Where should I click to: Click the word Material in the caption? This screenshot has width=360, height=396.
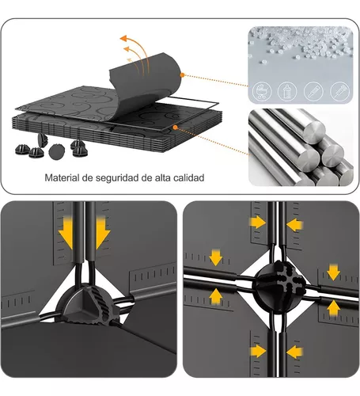pyautogui.click(x=62, y=177)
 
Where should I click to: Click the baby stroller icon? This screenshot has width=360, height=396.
pyautogui.click(x=262, y=92)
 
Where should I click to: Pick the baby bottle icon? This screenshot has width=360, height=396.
pyautogui.click(x=287, y=92)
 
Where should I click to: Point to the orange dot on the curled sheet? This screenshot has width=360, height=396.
pyautogui.click(x=182, y=75)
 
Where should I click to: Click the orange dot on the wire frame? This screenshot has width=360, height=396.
pyautogui.click(x=175, y=128)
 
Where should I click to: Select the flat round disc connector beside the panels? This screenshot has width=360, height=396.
pyautogui.click(x=57, y=152)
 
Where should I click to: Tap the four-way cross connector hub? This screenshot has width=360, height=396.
pyautogui.click(x=279, y=284)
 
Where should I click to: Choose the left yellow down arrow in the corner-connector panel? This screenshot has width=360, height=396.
pyautogui.click(x=66, y=232)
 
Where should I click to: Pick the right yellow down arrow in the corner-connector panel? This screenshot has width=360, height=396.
pyautogui.click(x=103, y=232)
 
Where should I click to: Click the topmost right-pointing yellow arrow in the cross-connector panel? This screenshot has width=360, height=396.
pyautogui.click(x=258, y=223)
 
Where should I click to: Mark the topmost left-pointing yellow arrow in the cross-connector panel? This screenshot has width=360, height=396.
pyautogui.click(x=295, y=225)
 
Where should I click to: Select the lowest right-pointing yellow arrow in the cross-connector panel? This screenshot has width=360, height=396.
pyautogui.click(x=259, y=351)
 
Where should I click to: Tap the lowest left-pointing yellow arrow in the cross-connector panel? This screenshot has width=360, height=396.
pyautogui.click(x=294, y=352)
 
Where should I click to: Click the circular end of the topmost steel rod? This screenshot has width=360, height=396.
pyautogui.click(x=314, y=131)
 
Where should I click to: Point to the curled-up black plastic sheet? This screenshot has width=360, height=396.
pyautogui.click(x=145, y=85)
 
